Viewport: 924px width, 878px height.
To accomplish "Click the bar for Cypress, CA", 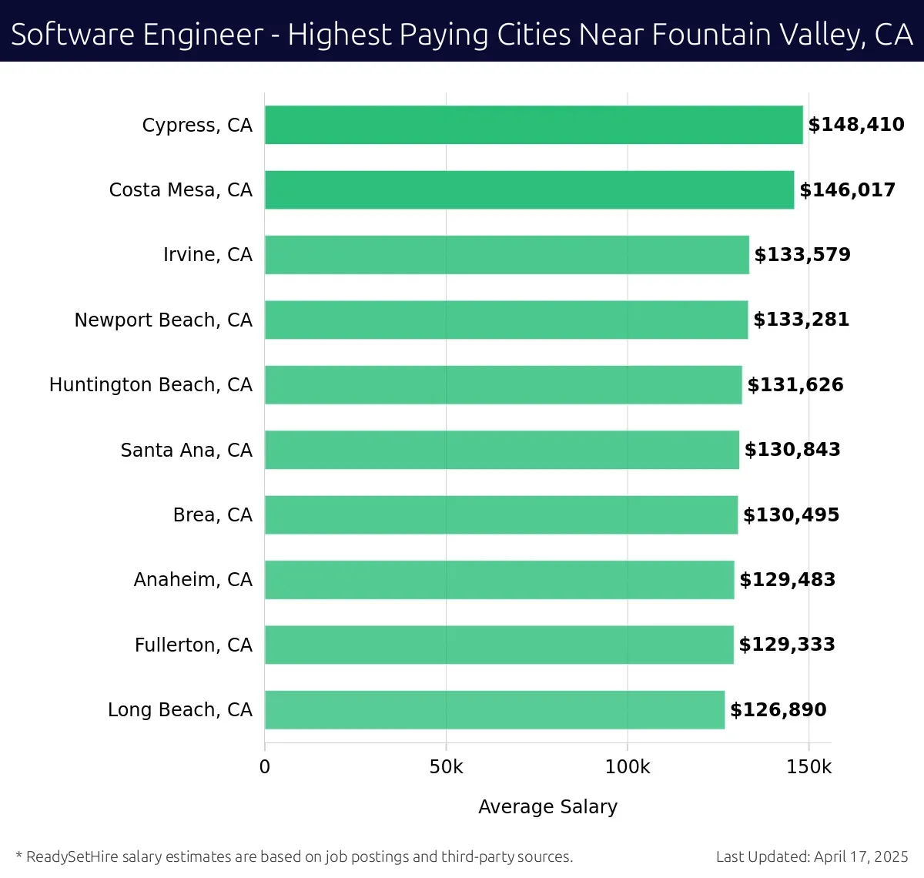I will coord(534,125).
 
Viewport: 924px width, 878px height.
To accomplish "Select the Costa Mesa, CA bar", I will coord(529,189).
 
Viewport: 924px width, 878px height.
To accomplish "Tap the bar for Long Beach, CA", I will coord(494,709).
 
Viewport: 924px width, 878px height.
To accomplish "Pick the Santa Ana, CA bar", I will coord(502,450).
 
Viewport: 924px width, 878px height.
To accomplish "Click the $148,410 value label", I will coord(856,125).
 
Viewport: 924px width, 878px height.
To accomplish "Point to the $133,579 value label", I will coord(802,255).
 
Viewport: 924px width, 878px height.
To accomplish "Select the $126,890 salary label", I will coord(778,709).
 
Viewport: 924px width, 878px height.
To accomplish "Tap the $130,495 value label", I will coord(791,514).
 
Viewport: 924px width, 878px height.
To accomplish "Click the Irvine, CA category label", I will coord(207,255).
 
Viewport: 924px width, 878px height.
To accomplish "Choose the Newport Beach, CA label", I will coord(163,320).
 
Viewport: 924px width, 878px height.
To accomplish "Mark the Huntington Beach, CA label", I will coord(150,384).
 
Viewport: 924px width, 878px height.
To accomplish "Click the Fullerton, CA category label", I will coord(193,645).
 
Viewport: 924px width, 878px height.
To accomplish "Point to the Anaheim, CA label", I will coord(192,579).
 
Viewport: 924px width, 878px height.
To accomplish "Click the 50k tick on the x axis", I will coord(446,767).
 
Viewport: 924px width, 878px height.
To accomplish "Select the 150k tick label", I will coord(808,767).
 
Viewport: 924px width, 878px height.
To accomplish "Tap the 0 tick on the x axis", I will coord(265,767).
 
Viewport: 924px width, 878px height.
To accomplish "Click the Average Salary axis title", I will coord(547,806).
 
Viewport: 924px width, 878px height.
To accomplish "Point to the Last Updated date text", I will coord(812,856).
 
